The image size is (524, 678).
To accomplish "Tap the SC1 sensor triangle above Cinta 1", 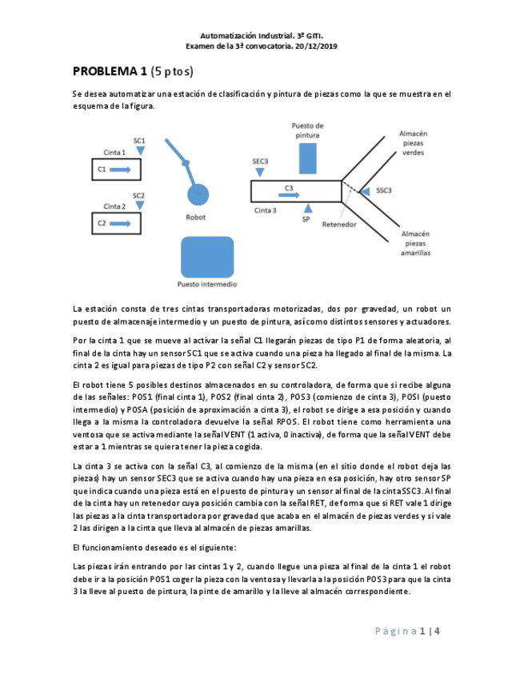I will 140,150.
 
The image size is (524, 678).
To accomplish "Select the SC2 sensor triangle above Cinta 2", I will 139,205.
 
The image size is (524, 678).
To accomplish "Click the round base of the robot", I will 196,194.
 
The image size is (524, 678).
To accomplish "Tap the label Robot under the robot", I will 196,217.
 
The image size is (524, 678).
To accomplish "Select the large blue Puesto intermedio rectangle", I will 207,256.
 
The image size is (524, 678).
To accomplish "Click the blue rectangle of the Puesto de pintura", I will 307,158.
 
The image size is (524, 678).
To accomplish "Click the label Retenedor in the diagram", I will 338,225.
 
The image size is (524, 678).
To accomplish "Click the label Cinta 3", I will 266,210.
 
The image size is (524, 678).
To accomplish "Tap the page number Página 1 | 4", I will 408,632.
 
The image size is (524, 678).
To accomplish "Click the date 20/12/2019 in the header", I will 316,47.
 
